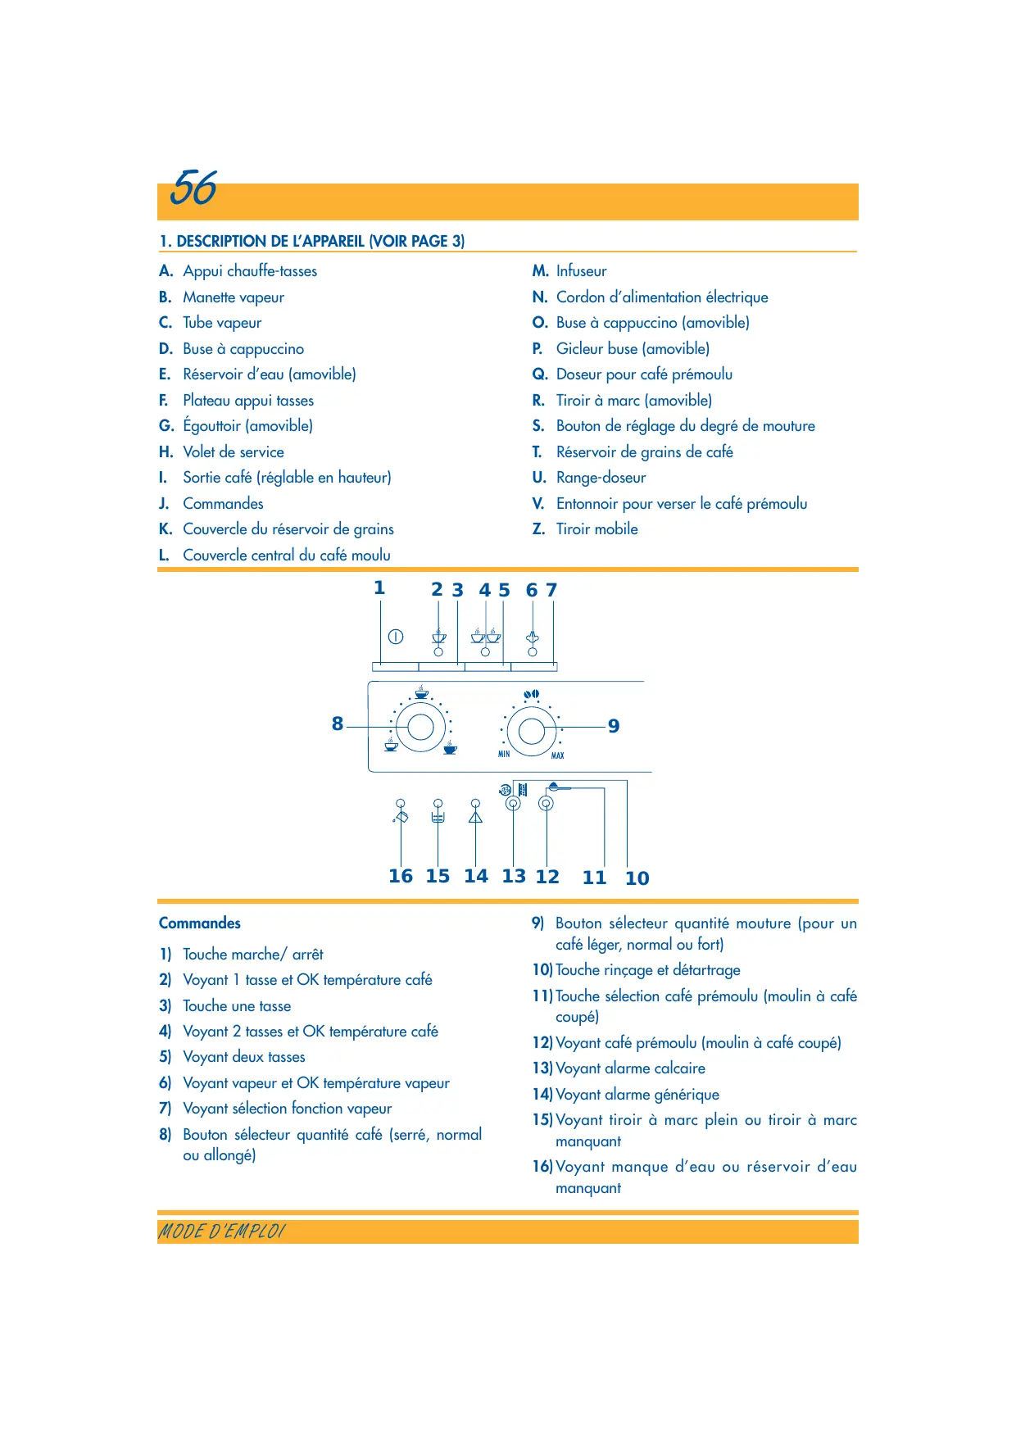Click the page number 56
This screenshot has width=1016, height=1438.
pos(194,188)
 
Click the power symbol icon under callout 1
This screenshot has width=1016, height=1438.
pos(396,637)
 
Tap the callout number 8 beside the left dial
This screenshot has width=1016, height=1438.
pos(338,724)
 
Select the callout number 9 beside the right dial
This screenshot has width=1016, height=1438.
pos(614,727)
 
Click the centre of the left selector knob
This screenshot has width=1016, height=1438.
pos(420,727)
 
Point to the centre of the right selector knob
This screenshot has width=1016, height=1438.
pos(532,730)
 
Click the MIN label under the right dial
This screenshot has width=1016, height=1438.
pos(504,754)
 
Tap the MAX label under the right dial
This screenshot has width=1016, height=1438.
pos(557,755)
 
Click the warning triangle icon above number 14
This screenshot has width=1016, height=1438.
pos(475,817)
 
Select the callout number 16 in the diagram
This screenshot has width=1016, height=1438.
pos(401,877)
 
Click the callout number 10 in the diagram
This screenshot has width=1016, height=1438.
pos(637,879)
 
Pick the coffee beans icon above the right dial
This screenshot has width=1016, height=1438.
pos(532,695)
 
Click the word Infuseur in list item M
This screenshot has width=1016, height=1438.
pos(581,271)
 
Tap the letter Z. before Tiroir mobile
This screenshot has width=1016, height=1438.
pos(538,529)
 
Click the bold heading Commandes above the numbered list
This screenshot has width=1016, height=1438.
pos(200,923)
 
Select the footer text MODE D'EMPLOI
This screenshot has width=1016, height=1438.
pos(222,1232)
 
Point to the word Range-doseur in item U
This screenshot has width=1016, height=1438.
pos(601,478)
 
